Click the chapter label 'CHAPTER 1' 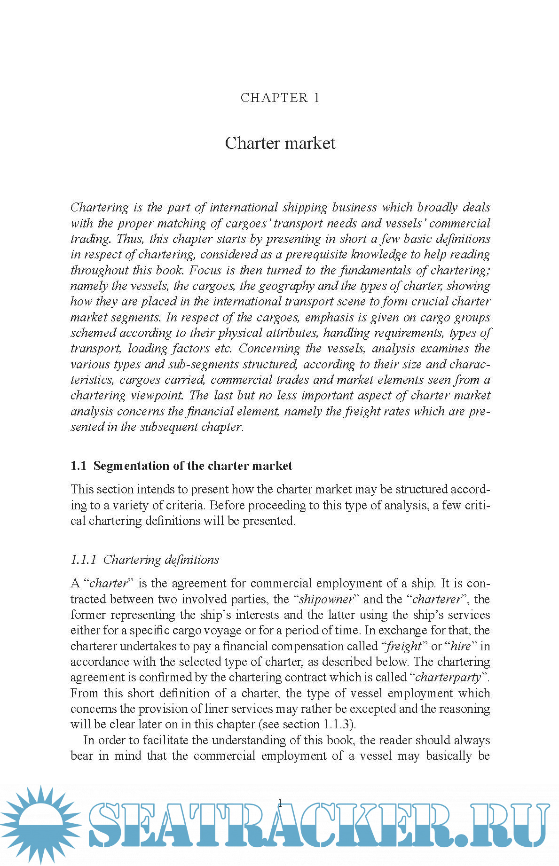point(280,98)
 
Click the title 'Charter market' point(280,143)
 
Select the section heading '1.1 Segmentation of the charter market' point(181,466)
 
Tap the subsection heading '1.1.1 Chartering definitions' point(145,560)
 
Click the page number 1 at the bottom point(280,803)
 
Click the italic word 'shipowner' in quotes point(326,599)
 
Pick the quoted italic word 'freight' point(403,646)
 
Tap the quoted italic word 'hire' point(460,646)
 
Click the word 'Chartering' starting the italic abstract point(100,207)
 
